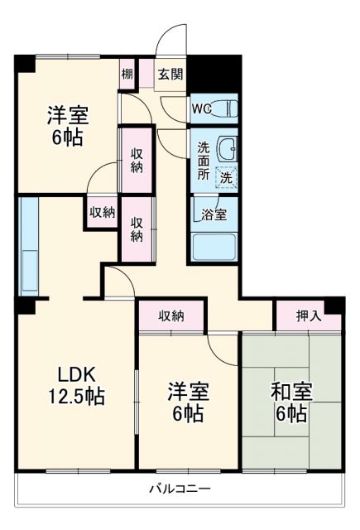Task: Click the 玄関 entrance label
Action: [170, 74]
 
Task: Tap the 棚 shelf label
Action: [127, 73]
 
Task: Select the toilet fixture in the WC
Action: [227, 108]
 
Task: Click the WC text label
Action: [202, 108]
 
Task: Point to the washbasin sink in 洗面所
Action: [227, 149]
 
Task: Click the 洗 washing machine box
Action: [225, 176]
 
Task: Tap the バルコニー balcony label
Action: [180, 489]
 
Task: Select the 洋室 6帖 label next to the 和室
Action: [188, 401]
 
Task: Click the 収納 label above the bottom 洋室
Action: [172, 316]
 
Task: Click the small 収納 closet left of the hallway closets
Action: [102, 212]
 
